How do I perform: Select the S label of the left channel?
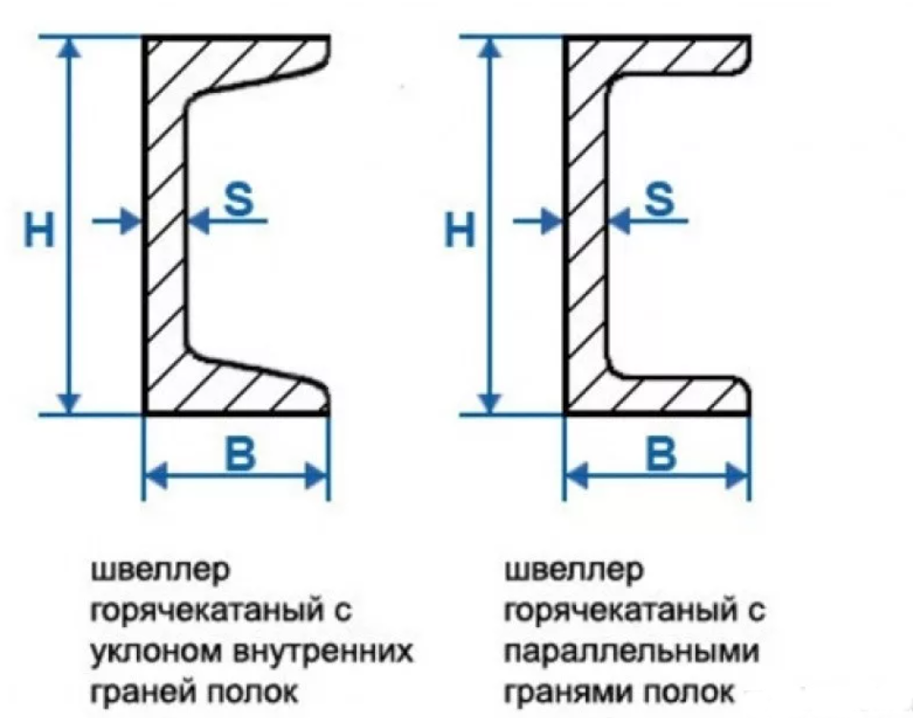pyautogui.click(x=238, y=199)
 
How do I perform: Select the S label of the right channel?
pyautogui.click(x=659, y=199)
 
